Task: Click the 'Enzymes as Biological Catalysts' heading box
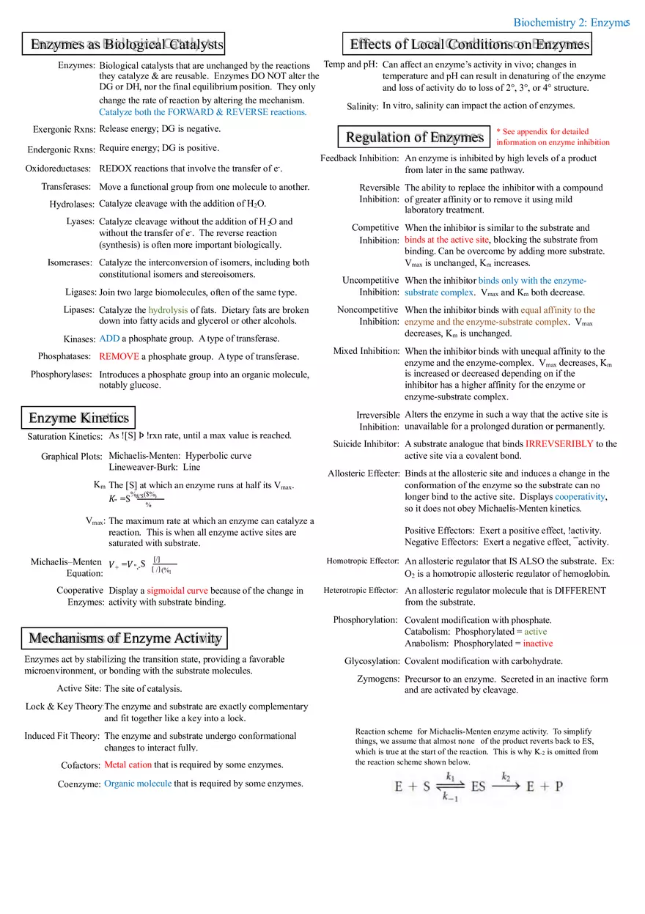tap(123, 45)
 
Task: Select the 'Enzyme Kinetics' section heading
tap(78, 418)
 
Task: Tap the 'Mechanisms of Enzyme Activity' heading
tap(125, 638)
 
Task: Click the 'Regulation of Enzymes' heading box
tap(414, 137)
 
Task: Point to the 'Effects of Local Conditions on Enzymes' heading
tap(468, 44)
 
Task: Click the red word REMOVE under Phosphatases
tap(119, 357)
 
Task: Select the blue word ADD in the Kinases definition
tap(109, 339)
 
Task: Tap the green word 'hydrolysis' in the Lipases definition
tap(168, 310)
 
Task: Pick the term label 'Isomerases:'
tap(70, 262)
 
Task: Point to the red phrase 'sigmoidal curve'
tap(177, 591)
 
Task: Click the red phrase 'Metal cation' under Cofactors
tap(128, 764)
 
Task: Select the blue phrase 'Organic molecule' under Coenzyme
tap(138, 784)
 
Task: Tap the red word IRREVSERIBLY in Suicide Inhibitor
tap(559, 444)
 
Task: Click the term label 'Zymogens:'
tap(378, 679)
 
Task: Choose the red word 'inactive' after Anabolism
tap(538, 644)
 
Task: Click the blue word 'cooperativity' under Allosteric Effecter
tap(580, 497)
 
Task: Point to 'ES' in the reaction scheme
tap(479, 786)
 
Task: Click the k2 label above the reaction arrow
tap(506, 776)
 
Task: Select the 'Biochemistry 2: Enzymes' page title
tap(570, 23)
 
